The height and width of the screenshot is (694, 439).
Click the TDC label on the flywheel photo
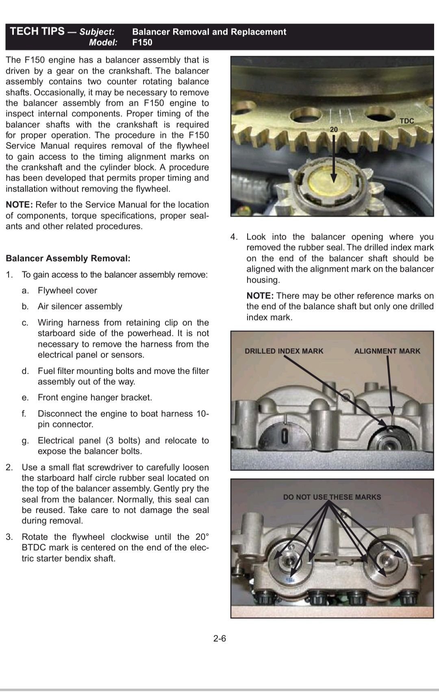[x=406, y=121]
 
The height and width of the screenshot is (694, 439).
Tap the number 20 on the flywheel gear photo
[x=333, y=129]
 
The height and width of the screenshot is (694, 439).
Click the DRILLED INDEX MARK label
[x=284, y=351]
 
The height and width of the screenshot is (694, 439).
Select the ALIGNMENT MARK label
[x=387, y=351]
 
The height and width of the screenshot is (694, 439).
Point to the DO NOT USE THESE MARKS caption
[x=332, y=497]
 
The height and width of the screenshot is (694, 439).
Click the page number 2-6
[x=219, y=638]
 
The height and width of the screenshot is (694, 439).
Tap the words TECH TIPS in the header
[x=37, y=31]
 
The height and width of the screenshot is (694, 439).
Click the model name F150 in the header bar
[x=142, y=42]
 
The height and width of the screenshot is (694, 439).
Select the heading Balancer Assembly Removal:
[x=68, y=258]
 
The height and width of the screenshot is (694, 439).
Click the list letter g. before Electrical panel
[x=25, y=441]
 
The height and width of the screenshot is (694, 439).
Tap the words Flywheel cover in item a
[x=67, y=290]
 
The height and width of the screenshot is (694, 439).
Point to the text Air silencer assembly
[x=80, y=306]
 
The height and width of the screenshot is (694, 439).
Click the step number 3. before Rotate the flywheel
[x=9, y=537]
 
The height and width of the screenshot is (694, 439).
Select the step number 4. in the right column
[x=234, y=237]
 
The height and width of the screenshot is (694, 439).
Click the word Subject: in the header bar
[x=97, y=32]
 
